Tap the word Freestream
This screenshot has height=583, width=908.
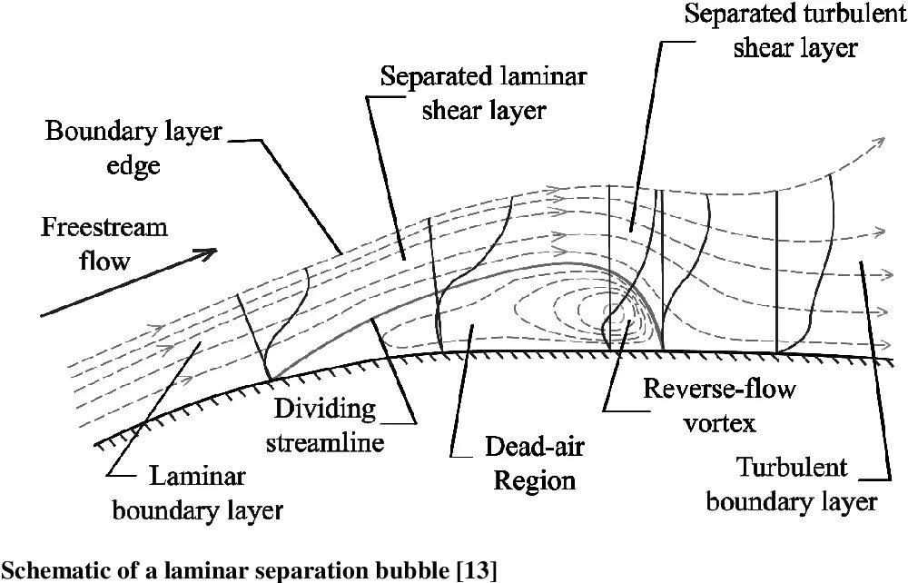click(x=104, y=226)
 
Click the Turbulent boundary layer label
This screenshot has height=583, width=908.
click(x=792, y=485)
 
